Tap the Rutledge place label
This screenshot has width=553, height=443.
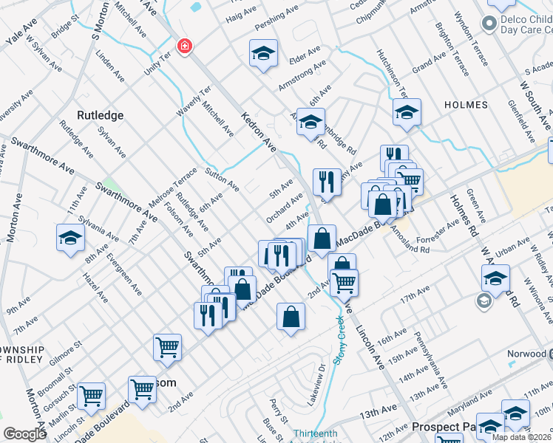(100, 115)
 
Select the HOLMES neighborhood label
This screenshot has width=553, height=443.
(466, 105)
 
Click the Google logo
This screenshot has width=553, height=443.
(24, 434)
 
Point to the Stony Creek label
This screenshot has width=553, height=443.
(339, 340)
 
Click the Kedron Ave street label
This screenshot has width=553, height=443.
(259, 133)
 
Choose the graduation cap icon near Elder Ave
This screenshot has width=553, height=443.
(263, 54)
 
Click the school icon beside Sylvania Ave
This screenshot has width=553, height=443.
(70, 238)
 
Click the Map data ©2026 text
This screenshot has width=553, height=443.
(521, 437)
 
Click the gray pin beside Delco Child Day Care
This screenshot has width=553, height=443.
(489, 24)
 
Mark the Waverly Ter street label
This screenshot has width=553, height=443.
(194, 101)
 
